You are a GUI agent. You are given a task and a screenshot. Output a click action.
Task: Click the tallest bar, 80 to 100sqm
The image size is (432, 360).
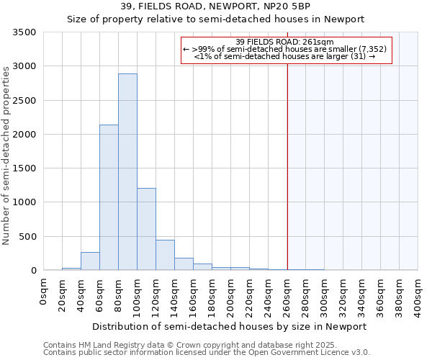pyautogui.click(x=127, y=173)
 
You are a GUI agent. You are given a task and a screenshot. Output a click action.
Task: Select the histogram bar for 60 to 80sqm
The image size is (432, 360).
pyautogui.click(x=109, y=198)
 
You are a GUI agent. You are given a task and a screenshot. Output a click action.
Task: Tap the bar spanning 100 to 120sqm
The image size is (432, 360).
pyautogui.click(x=146, y=229)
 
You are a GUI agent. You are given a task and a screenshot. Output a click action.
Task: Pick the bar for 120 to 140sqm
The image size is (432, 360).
pyautogui.click(x=165, y=256)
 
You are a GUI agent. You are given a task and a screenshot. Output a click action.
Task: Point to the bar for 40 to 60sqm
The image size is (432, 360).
pyautogui.click(x=90, y=262)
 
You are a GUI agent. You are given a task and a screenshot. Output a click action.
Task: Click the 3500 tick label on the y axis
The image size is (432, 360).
pyautogui.click(x=24, y=32)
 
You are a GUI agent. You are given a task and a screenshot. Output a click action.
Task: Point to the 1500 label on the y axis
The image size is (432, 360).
pyautogui.click(x=24, y=168)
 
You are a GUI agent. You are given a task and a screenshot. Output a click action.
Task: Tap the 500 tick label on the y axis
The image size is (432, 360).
pyautogui.click(x=27, y=237)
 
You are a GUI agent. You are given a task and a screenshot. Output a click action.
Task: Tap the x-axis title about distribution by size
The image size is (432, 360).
pyautogui.click(x=230, y=326)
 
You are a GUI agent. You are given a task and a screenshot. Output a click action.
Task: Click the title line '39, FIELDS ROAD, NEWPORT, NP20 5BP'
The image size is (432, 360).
pyautogui.click(x=216, y=6)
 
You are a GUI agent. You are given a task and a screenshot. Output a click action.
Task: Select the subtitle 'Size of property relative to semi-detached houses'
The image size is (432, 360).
pyautogui.click(x=216, y=19)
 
